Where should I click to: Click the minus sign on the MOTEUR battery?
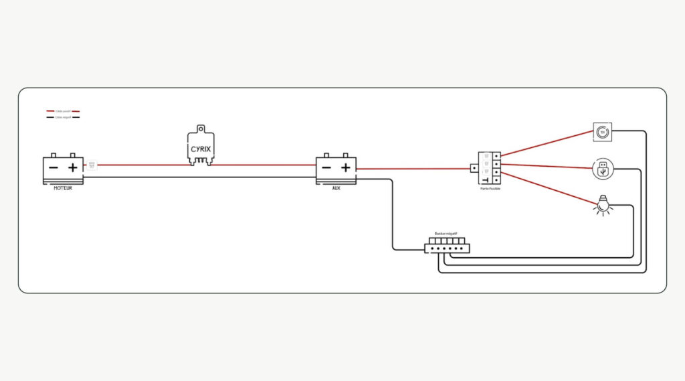click(x=54, y=167)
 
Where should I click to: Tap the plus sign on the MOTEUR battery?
click(x=73, y=167)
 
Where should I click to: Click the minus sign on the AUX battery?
click(x=326, y=167)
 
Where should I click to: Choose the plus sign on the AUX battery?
click(x=345, y=167)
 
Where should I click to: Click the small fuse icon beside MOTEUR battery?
click(x=92, y=165)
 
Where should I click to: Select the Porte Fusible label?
click(x=490, y=189)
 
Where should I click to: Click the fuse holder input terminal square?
click(x=474, y=169)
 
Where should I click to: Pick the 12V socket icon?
click(x=602, y=132)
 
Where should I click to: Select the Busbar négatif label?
click(x=446, y=234)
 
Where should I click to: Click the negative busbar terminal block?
click(x=447, y=247)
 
